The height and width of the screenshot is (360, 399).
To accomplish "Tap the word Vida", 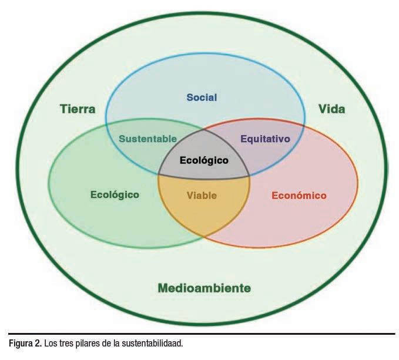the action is tap(331, 109).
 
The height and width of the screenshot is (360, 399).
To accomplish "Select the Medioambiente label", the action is tap(204, 288).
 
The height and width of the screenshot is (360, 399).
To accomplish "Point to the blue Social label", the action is tap(202, 97).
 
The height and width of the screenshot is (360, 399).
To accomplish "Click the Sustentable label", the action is tap(147, 139).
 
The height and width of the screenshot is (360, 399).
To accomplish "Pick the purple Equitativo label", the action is tap(266, 139).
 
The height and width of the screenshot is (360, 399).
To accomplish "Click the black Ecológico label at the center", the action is tap(203, 159).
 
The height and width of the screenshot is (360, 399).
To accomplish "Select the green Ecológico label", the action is tap(115, 194).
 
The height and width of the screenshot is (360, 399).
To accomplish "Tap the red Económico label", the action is tap(299, 195).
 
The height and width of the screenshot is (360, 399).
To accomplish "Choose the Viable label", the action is tap(202, 195).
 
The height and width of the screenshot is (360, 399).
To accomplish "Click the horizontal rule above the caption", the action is tap(199, 334).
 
